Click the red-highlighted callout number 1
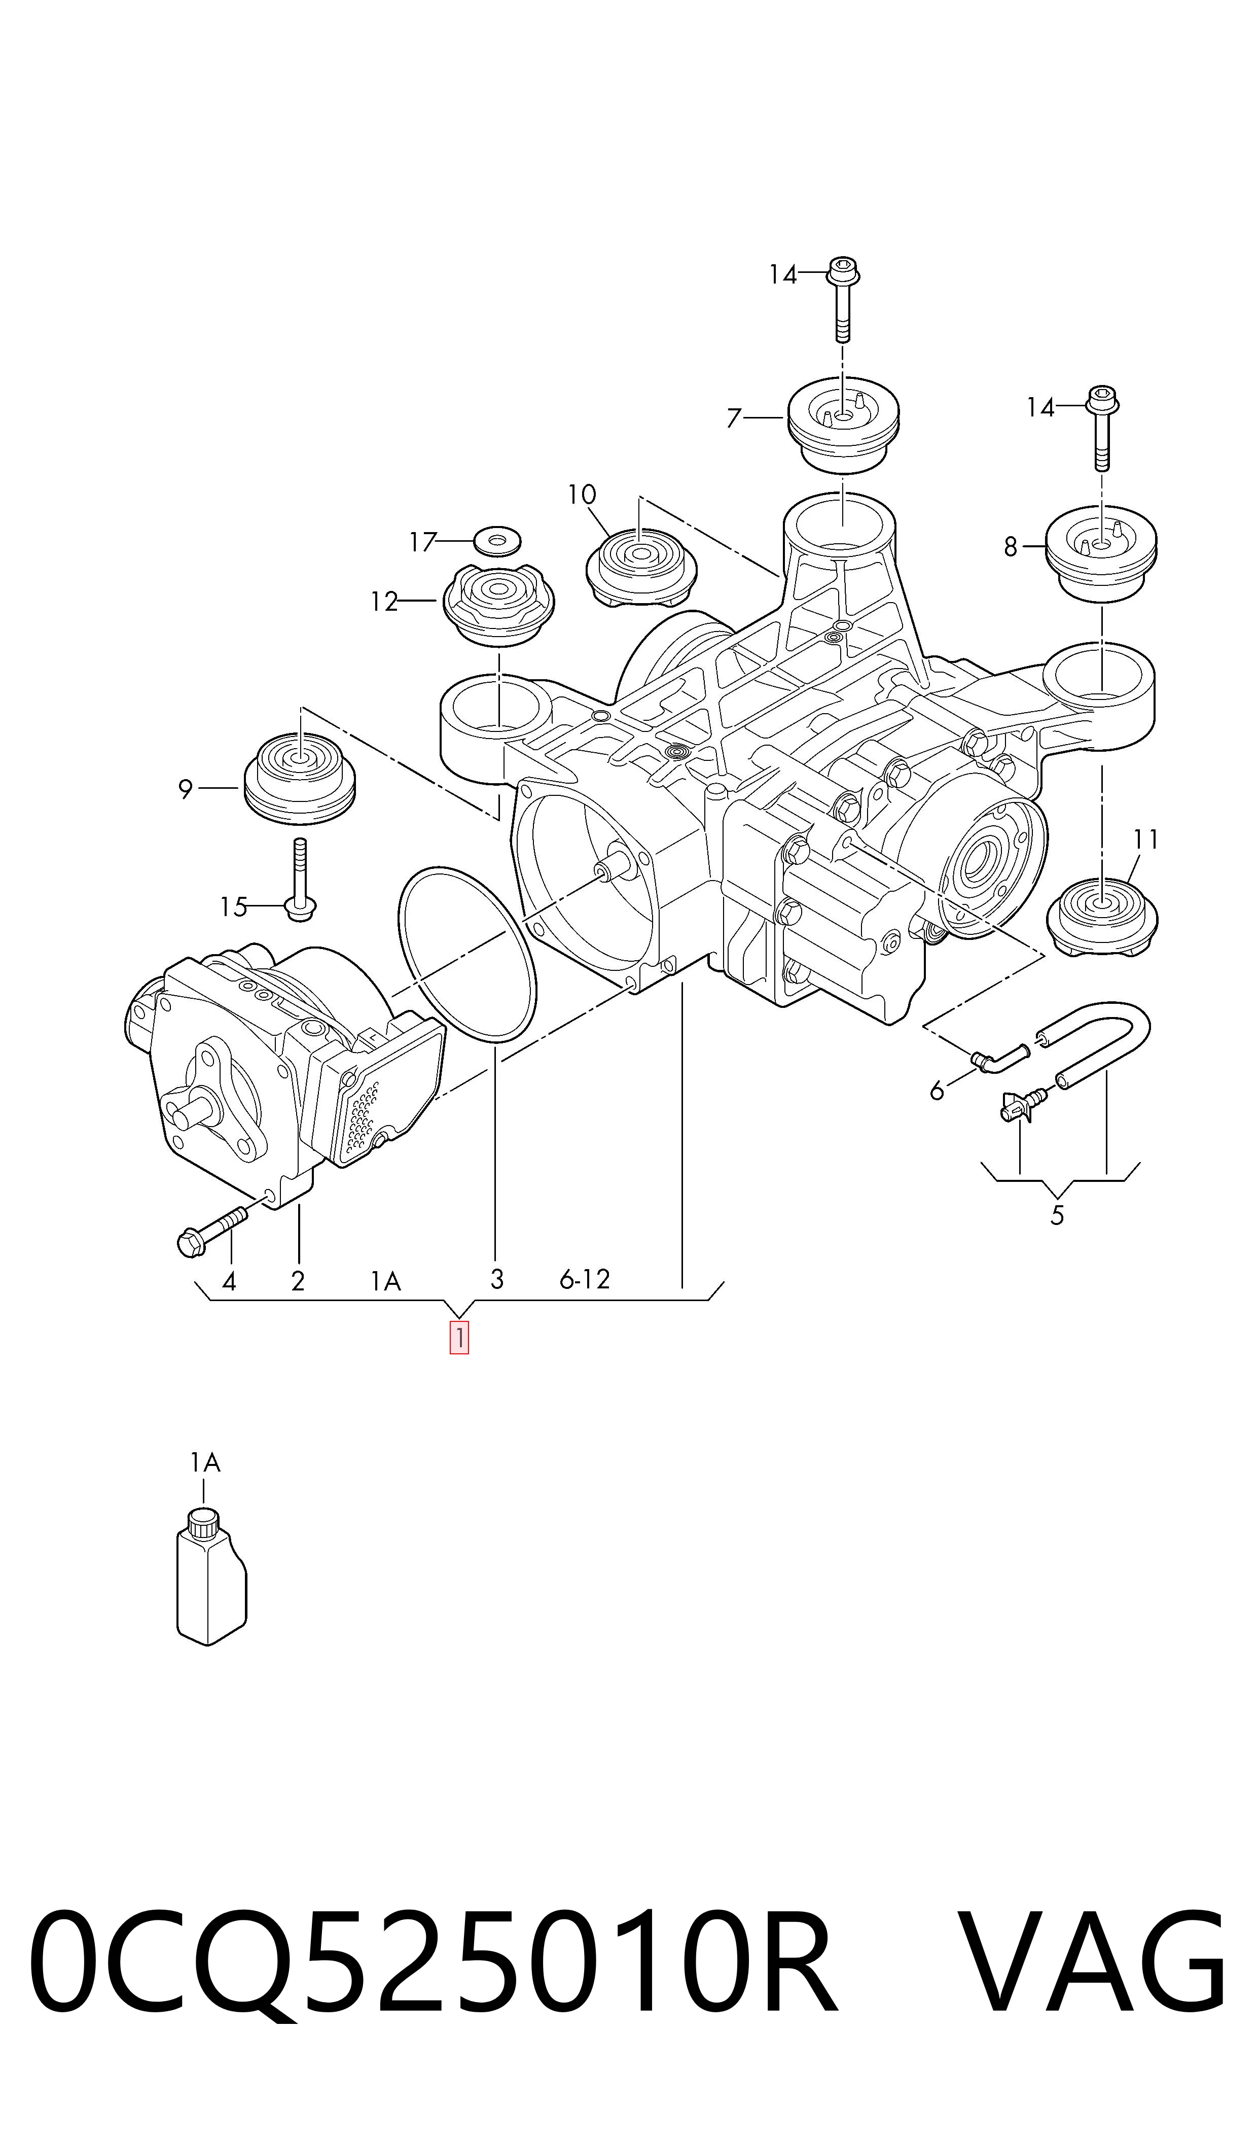click(458, 1339)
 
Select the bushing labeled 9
click(299, 778)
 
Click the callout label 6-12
click(585, 1279)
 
